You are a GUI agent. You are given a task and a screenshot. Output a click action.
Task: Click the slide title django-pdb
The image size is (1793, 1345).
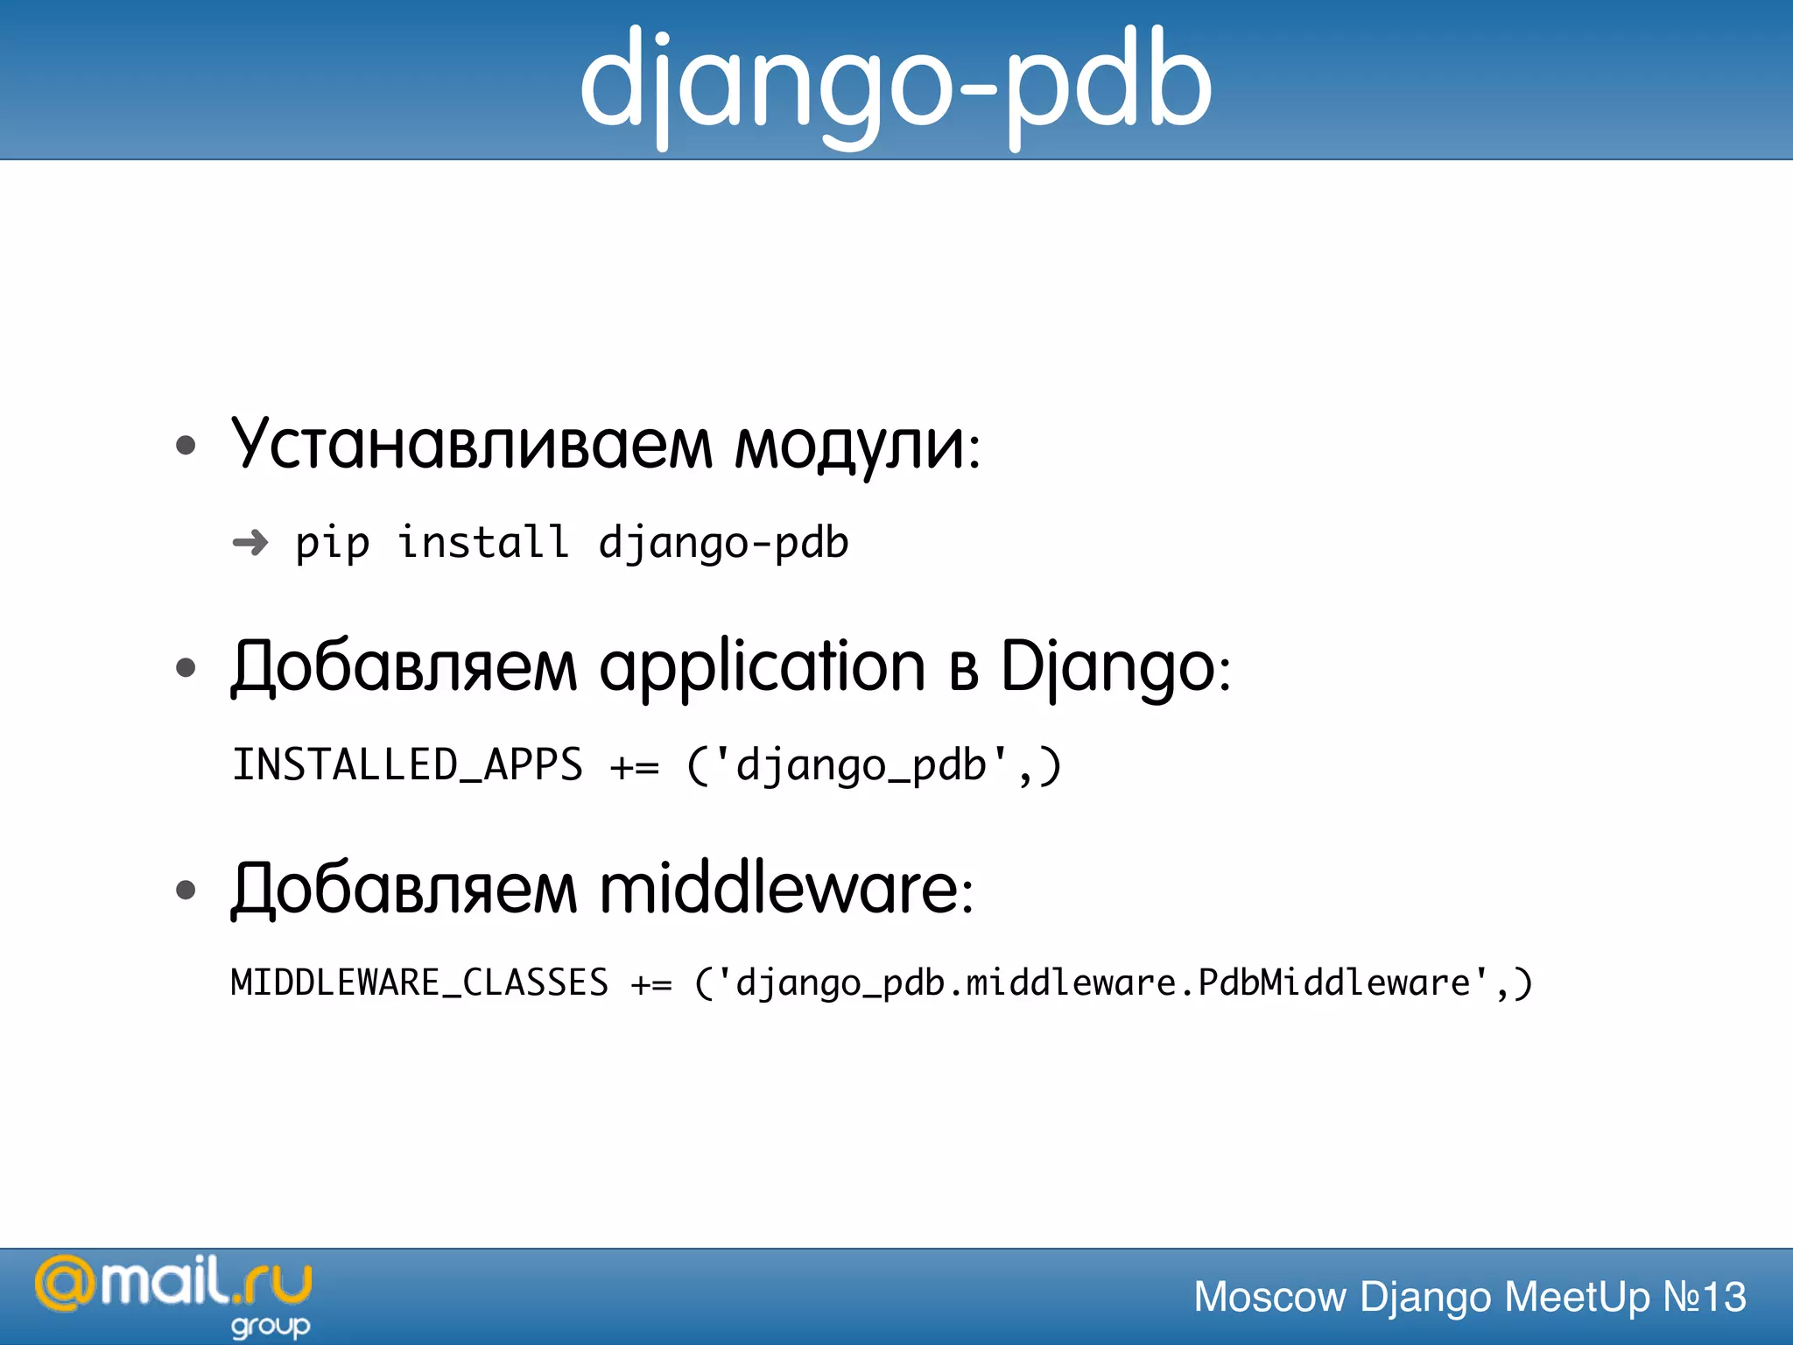point(896,83)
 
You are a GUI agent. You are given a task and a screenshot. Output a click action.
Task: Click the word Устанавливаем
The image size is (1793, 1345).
point(472,445)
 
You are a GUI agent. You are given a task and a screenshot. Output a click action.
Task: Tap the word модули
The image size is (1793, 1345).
point(848,447)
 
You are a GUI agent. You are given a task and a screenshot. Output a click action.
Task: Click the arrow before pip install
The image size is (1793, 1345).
point(250,543)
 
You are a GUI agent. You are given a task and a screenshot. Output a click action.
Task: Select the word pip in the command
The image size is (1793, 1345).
point(332,544)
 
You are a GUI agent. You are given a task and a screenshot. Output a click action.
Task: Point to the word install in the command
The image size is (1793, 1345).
point(483,542)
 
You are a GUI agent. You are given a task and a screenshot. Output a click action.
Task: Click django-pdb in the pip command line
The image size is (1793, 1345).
point(723,543)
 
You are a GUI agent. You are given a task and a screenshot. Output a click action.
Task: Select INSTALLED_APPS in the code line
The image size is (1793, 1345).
point(407,765)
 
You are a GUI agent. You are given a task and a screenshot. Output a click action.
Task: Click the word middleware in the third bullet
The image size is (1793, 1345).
point(779,890)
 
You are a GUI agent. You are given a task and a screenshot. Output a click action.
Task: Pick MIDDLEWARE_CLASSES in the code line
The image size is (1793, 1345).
point(419,982)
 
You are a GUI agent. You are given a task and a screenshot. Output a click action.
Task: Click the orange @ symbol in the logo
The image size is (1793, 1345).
point(63,1285)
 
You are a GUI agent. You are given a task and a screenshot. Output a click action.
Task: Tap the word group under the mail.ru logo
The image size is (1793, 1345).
point(271,1327)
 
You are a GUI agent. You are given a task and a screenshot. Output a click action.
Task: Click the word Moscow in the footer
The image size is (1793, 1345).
point(1269,1297)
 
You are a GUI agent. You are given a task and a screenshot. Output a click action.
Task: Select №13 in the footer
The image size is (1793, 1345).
point(1704,1297)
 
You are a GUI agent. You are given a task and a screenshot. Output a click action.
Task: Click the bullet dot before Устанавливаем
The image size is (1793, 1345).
point(186,446)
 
